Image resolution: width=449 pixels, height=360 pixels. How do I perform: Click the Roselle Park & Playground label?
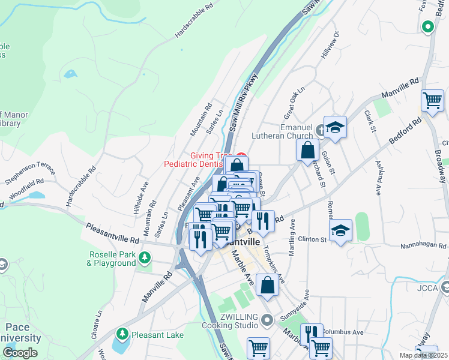coord(112,258)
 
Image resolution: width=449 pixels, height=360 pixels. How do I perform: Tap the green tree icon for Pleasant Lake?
coord(122,333)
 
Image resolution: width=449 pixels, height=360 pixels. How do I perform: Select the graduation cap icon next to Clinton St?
coord(340,230)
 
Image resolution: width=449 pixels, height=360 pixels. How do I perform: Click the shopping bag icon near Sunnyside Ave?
coord(267,285)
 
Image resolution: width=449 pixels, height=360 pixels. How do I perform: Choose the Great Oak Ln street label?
coord(295,103)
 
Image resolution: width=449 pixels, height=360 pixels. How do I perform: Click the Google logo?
coord(20,353)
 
